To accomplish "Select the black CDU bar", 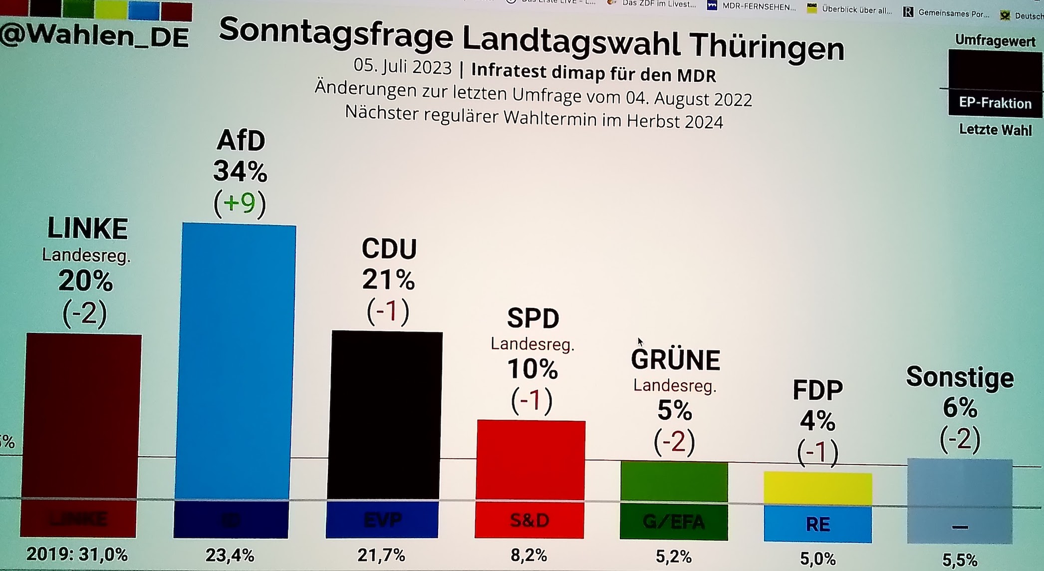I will pyautogui.click(x=385, y=414).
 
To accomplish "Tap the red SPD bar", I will pyautogui.click(x=530, y=459).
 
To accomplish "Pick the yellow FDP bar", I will pyautogui.click(x=817, y=489).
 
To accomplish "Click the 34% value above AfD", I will pyautogui.click(x=240, y=171).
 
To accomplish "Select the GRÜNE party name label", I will pyautogui.click(x=675, y=359).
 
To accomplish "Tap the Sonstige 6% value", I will pyautogui.click(x=959, y=408).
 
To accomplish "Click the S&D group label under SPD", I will pyautogui.click(x=529, y=521).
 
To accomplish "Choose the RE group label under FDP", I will pyautogui.click(x=817, y=524).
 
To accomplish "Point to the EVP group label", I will pyautogui.click(x=383, y=520).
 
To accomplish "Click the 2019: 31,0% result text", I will pyautogui.click(x=77, y=554).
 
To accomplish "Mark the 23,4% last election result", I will pyautogui.click(x=230, y=555).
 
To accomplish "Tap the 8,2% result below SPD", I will pyautogui.click(x=529, y=555).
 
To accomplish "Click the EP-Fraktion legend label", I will pyautogui.click(x=995, y=103).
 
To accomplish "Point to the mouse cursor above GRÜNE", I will pyautogui.click(x=640, y=341).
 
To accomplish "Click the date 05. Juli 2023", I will pyautogui.click(x=402, y=66).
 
